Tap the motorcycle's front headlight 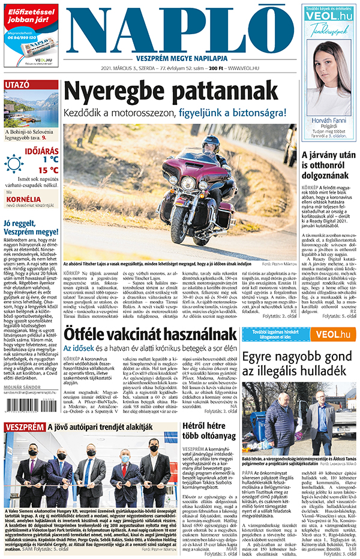pyautogui.click(x=188, y=182)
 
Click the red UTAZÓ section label pyautogui.click(x=17, y=85)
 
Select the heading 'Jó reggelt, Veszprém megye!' pyautogui.click(x=30, y=229)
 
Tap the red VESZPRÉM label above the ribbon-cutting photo pyautogui.click(x=24, y=427)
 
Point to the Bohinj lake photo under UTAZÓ pyautogui.click(x=31, y=108)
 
